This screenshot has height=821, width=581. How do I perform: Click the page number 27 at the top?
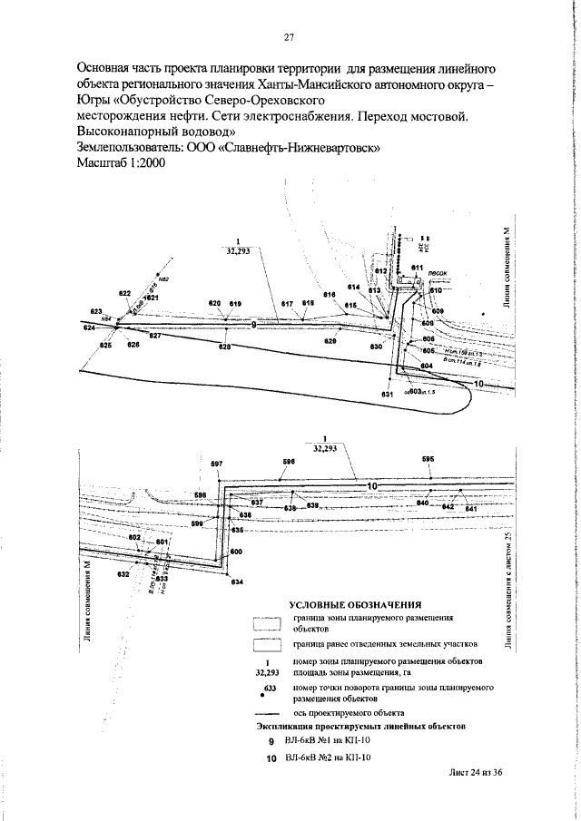(290, 37)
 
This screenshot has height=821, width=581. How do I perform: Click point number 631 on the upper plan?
(387, 395)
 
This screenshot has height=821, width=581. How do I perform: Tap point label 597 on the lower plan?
(216, 464)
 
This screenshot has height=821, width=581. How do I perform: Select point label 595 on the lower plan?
(428, 460)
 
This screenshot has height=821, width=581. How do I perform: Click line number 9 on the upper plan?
(253, 323)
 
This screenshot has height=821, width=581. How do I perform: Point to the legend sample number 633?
(270, 690)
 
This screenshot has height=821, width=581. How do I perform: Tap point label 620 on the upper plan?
(214, 303)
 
